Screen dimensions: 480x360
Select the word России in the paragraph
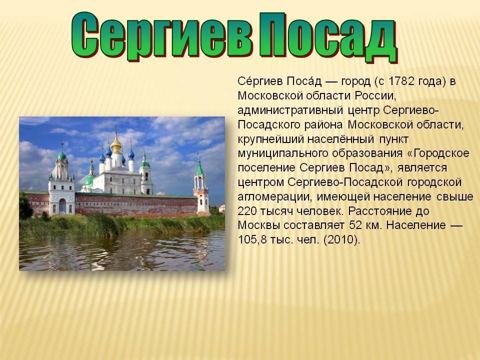click(x=375, y=95)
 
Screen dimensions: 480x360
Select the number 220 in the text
click(x=247, y=211)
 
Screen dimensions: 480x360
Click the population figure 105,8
click(x=252, y=239)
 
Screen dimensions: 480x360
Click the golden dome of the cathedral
click(x=116, y=145)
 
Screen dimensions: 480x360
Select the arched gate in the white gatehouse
click(x=62, y=206)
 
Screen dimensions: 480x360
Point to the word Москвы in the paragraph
click(x=258, y=225)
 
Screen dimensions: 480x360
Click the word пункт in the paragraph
click(x=394, y=139)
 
